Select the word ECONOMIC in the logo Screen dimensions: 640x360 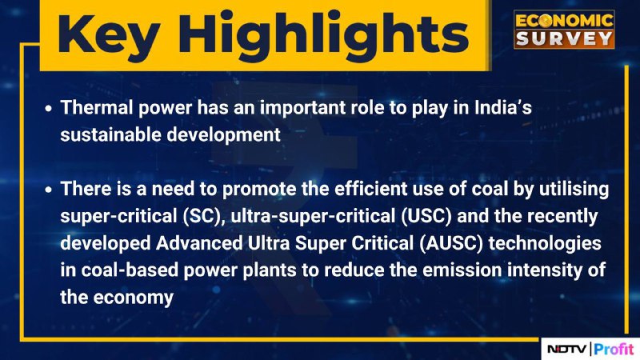(x=564, y=21)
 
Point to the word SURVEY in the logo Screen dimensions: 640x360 (x=564, y=38)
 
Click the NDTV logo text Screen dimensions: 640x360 (x=567, y=349)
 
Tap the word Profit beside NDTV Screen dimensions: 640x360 (x=614, y=349)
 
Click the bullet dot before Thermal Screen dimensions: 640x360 (x=49, y=109)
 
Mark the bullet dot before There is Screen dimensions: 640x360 (x=49, y=190)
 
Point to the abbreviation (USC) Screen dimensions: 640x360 (x=426, y=216)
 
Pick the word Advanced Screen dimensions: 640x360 (x=199, y=243)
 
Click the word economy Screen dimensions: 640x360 (x=134, y=298)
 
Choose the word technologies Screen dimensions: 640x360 (x=545, y=244)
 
